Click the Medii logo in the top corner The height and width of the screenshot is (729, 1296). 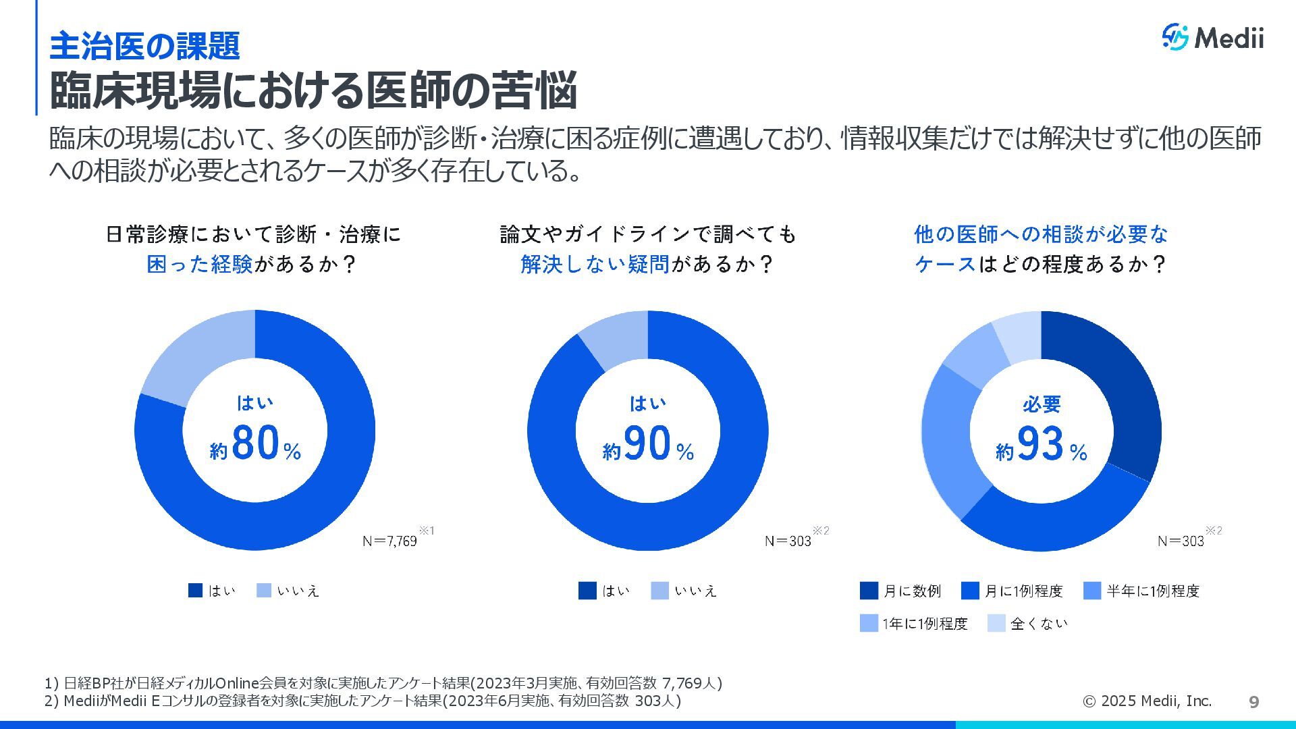(1212, 37)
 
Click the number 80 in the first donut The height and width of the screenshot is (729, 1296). (255, 443)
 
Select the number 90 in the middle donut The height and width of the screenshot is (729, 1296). (647, 443)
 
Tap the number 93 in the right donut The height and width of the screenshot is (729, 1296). (1040, 443)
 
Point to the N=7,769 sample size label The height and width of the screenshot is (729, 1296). (389, 541)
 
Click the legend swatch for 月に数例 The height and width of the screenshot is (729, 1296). (869, 591)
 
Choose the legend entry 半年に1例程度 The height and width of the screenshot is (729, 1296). (1141, 591)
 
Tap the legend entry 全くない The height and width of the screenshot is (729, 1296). (1028, 623)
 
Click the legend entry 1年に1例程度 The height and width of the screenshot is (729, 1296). (914, 623)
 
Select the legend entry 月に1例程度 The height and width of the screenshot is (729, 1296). (1012, 591)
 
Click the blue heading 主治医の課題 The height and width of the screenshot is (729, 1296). (145, 46)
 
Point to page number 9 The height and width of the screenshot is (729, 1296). (1254, 702)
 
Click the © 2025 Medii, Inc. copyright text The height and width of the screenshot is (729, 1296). (1147, 701)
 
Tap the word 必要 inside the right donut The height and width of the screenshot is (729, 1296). (1042, 404)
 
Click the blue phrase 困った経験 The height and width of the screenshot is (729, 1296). (200, 264)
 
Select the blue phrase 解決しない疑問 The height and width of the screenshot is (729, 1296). (595, 264)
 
